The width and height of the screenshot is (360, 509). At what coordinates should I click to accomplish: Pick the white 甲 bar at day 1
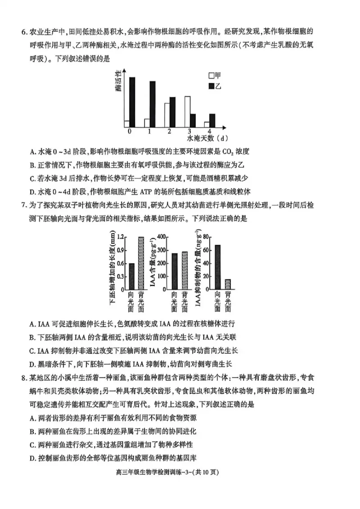147,123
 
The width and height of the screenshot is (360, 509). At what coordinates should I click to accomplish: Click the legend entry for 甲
215,75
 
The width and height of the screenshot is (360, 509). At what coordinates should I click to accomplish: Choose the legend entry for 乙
215,85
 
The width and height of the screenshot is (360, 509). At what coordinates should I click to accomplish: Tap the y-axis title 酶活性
118,81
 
